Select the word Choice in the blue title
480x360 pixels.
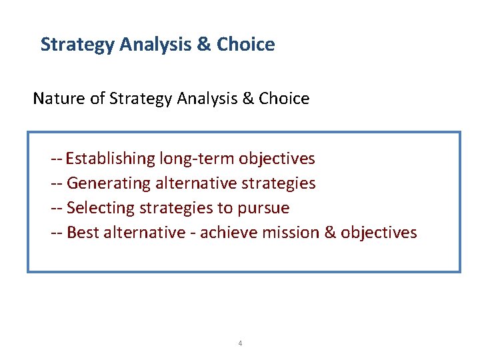coord(246,45)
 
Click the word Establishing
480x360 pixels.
coord(110,159)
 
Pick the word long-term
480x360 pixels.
coord(197,159)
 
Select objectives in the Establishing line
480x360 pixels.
coord(277,159)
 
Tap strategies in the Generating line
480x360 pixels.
coord(277,183)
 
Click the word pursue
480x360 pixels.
coord(263,208)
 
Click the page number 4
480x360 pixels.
coord(240,343)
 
